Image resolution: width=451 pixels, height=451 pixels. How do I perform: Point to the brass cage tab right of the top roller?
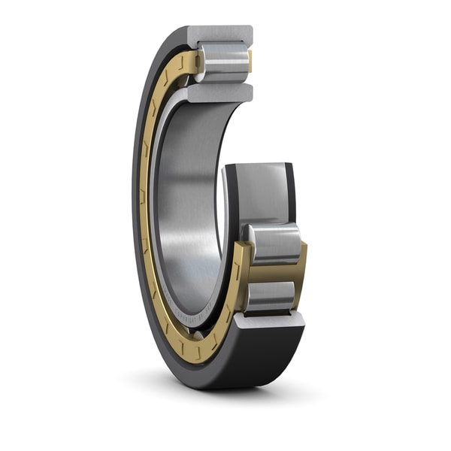click(250, 61)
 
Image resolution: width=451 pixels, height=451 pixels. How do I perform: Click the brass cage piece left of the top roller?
click(192, 63)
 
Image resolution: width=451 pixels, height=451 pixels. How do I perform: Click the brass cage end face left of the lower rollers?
click(240, 278)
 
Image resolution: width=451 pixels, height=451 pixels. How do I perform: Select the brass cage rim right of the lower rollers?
click(301, 271)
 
